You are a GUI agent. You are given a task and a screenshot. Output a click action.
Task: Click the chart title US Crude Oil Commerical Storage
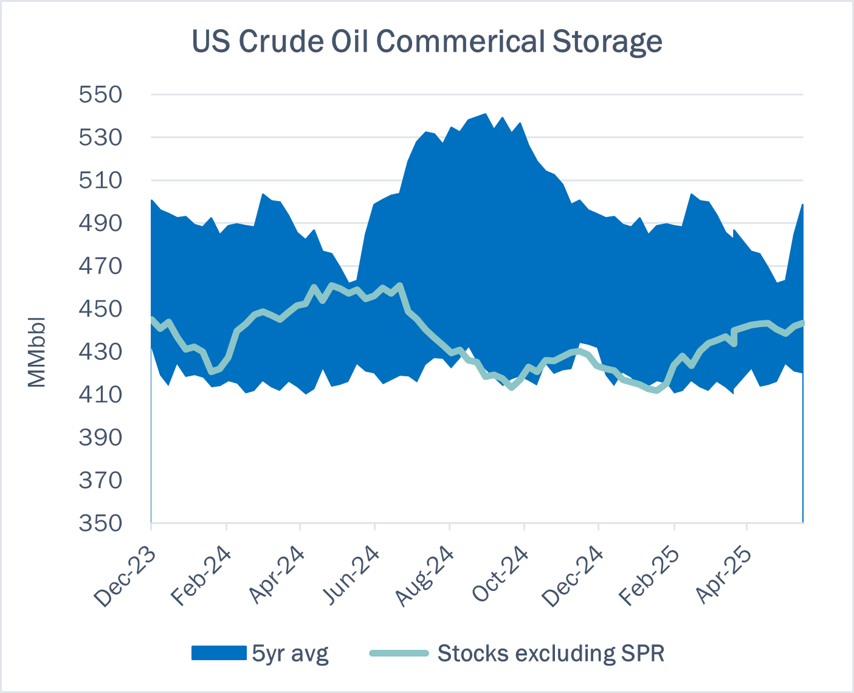pos(427,41)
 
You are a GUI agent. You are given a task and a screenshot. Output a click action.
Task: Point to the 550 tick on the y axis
pos(101,95)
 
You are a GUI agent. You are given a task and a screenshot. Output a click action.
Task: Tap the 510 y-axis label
pos(101,181)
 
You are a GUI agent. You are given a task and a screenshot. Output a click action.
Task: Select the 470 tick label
pos(101,266)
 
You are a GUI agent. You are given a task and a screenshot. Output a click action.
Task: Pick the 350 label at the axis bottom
pos(101,523)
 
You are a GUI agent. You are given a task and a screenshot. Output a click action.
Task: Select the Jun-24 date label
pos(351,577)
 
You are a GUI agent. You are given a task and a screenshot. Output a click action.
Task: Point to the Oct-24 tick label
pos(500,577)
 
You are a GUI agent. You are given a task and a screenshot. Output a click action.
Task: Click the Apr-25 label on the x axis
pos(723,577)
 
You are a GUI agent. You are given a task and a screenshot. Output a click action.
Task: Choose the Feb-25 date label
pos(649,577)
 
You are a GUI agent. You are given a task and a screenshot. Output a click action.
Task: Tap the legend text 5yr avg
pos(290,653)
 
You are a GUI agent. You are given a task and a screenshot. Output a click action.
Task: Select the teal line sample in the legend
pos(399,653)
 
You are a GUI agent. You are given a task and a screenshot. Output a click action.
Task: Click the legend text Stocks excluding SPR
pos(551,653)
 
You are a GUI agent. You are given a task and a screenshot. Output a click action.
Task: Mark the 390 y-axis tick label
pos(101,438)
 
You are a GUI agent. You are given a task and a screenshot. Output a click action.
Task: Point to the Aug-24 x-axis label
pos(425,577)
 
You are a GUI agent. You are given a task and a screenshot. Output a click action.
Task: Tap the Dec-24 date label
pos(574,577)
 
